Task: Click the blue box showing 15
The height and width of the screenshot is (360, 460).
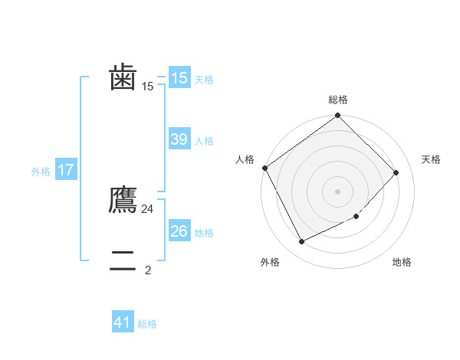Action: tap(179, 78)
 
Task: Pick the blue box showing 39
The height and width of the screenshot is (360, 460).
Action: tap(179, 139)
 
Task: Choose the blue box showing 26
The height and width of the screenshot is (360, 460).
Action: tap(179, 231)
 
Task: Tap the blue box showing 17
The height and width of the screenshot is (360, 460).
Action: tap(66, 170)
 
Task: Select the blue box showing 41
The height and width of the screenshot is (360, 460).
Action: tap(123, 322)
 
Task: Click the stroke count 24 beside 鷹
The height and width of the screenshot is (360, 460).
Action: tap(148, 208)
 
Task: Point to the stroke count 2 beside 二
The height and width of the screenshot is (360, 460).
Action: tap(148, 270)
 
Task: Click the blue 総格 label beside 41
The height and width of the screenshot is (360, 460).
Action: tap(147, 324)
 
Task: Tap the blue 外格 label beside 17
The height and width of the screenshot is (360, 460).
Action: tap(41, 172)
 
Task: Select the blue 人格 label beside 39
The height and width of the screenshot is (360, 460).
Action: tap(204, 141)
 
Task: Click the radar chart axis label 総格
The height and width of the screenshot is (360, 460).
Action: tap(338, 100)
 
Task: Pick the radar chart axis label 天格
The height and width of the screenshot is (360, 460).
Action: tap(431, 159)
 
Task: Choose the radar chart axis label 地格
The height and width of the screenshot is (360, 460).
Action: tap(402, 262)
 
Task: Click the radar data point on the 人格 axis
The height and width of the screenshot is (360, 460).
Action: tap(265, 168)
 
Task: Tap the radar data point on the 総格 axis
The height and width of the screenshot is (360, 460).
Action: tap(338, 116)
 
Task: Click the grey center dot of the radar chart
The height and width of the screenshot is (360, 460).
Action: tap(338, 191)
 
